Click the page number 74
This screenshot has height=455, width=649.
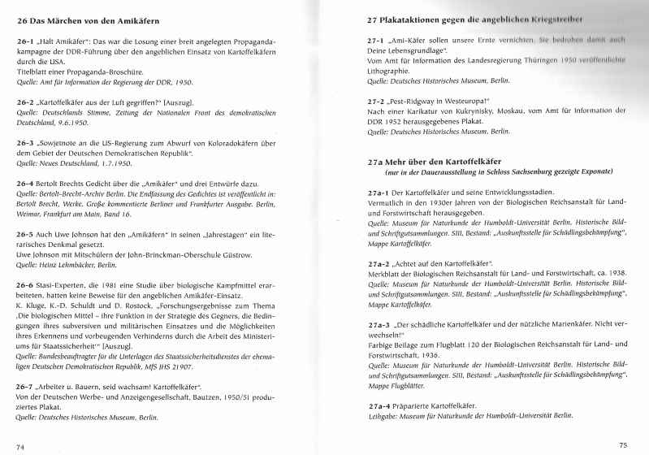click(x=20, y=446)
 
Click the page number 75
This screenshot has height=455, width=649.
click(x=623, y=444)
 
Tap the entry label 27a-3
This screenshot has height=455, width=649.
click(x=381, y=347)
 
